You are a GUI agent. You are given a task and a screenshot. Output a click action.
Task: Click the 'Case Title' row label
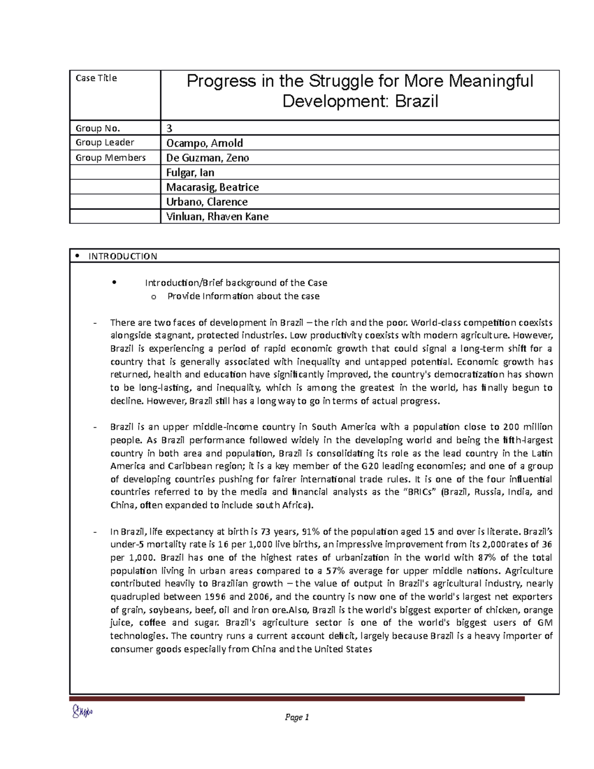coord(96,78)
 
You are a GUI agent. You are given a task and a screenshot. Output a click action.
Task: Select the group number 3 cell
coord(169,128)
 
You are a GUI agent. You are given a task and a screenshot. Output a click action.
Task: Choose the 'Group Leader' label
coord(104,143)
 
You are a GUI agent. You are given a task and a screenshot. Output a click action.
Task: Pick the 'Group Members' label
coord(110,158)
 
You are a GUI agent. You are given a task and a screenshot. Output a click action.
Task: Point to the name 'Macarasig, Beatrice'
coord(212,187)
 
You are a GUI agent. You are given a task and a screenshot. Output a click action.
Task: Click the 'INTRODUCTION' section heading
coord(122,256)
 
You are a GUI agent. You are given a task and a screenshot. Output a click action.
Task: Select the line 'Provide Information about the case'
coord(243,296)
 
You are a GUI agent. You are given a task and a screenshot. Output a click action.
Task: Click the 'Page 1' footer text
coord(297,718)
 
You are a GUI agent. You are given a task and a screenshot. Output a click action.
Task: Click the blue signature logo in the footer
coord(82,712)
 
